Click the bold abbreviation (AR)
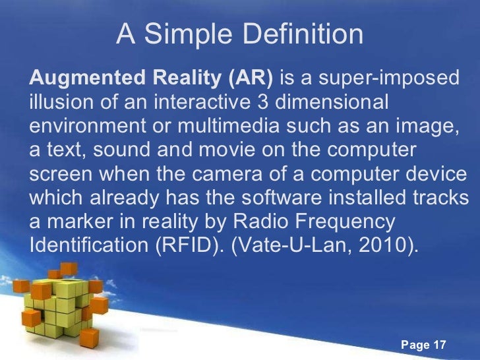(251, 80)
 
